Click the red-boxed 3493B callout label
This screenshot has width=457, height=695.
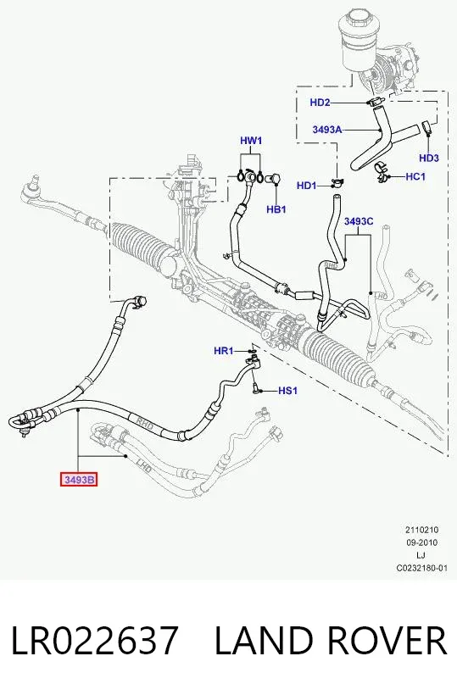[79, 480]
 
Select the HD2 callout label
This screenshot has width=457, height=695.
[320, 103]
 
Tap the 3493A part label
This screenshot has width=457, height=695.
[327, 130]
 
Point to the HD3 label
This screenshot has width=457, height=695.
[429, 158]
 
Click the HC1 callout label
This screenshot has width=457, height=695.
[415, 176]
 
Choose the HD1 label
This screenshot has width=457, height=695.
[306, 186]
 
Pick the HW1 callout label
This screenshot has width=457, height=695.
[251, 141]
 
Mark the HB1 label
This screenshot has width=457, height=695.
[276, 208]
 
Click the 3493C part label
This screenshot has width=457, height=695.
[359, 221]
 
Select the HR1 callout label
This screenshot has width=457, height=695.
[223, 351]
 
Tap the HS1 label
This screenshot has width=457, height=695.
[287, 391]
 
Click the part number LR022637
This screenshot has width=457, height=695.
[94, 641]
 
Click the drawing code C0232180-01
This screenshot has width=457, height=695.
[422, 568]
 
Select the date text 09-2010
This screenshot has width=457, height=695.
[421, 542]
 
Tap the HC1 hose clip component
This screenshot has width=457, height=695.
[382, 173]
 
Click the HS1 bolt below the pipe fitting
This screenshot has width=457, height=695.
[255, 388]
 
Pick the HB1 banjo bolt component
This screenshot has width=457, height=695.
[273, 179]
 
